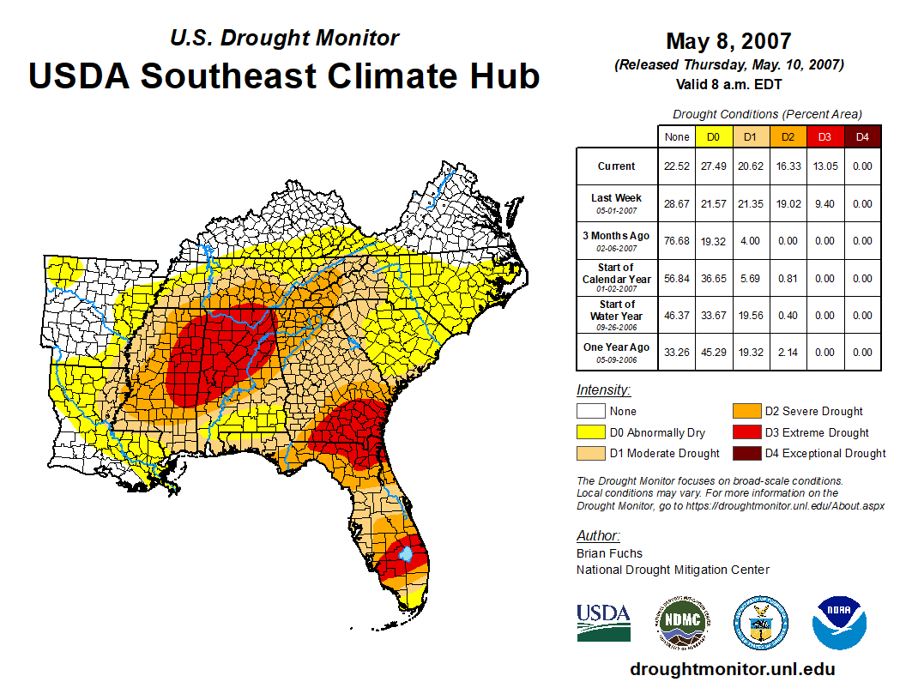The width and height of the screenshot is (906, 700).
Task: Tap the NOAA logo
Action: [x=840, y=622]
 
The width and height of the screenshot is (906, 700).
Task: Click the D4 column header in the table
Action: [x=863, y=137]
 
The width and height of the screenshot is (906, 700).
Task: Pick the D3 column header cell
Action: [x=824, y=137]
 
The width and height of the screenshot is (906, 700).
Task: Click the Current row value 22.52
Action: [x=677, y=166]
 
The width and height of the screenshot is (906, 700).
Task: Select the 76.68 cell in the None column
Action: [x=677, y=241]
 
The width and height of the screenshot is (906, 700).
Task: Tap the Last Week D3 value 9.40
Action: [x=824, y=204]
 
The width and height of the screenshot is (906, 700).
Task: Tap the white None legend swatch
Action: [x=590, y=412]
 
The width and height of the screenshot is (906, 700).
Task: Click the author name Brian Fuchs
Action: [x=609, y=553]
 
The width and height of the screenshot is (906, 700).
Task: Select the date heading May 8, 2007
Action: [x=728, y=41]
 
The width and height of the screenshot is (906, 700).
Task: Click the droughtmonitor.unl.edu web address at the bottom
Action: [x=732, y=669]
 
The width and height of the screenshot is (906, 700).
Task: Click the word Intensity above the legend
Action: [x=603, y=390]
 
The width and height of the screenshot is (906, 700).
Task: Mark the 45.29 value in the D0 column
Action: [x=713, y=352]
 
